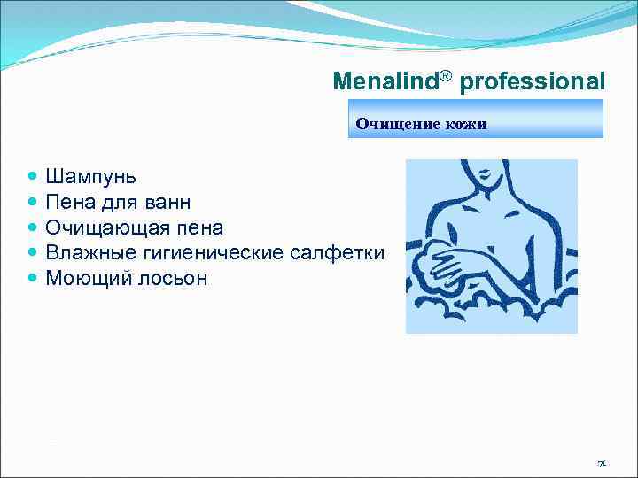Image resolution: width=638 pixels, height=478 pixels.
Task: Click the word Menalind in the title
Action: coord(386,82)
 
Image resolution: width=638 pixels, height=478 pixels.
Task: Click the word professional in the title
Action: coord(533,82)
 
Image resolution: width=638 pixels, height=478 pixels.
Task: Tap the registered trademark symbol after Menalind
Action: coord(446,74)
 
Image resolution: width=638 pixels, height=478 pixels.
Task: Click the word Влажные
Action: coord(86,252)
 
